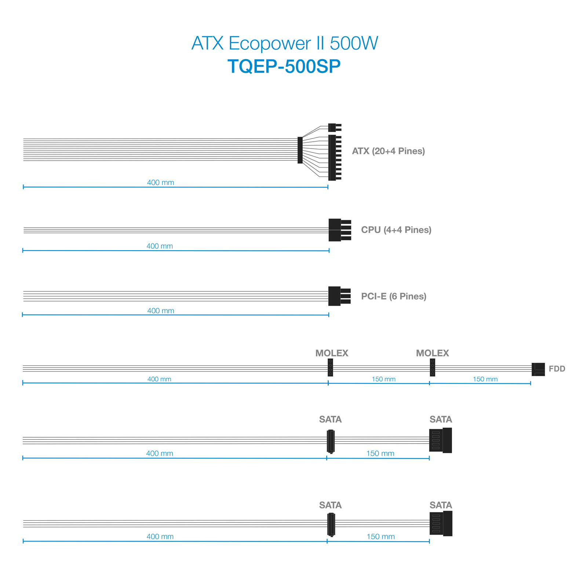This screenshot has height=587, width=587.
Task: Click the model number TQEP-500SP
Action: coord(284,66)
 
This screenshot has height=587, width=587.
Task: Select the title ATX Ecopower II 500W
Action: coord(285,43)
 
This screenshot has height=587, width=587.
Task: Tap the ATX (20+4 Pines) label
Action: coord(389,151)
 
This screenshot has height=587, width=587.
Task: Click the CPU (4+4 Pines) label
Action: coord(396,230)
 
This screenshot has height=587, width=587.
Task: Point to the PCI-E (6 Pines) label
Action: coord(394,296)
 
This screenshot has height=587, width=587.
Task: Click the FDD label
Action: coord(557,369)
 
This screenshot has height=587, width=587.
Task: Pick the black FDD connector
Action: coord(538,369)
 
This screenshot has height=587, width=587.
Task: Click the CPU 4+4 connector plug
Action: coord(340,230)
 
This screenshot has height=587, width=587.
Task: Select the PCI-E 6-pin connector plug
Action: coord(339,296)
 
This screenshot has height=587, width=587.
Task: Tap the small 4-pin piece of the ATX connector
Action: coord(335,128)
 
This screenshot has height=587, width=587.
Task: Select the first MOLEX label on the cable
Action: coord(332,353)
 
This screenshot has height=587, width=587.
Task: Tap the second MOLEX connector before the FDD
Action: coord(433,368)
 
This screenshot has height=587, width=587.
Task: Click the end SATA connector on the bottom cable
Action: coord(441,524)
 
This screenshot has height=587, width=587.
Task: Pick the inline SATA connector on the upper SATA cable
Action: coord(331,441)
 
